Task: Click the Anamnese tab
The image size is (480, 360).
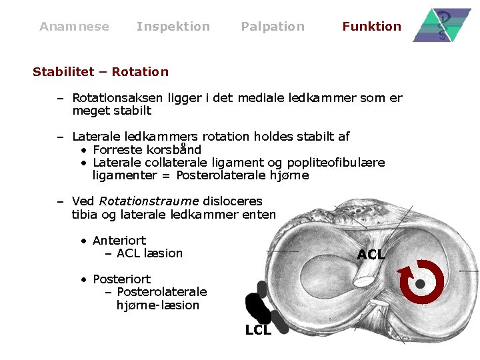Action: (74, 27)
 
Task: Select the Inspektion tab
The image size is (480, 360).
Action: (173, 27)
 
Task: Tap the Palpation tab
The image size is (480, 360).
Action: (272, 27)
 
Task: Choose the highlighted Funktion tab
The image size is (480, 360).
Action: (371, 27)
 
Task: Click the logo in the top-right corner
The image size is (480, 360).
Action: (441, 26)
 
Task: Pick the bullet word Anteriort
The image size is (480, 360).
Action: (119, 240)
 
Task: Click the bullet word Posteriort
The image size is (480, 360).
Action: (122, 279)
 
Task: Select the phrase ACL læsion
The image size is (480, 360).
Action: (149, 253)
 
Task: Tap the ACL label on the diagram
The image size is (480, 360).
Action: (371, 255)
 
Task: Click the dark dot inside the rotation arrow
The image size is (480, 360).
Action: (421, 284)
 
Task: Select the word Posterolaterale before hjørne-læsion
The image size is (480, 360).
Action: (162, 292)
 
